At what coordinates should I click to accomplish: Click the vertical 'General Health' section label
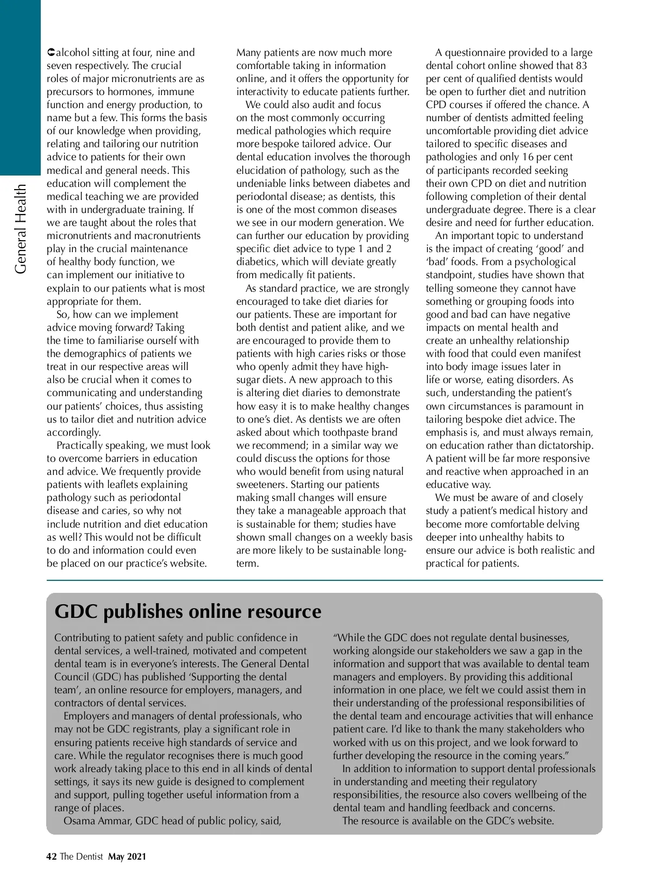click(x=21, y=229)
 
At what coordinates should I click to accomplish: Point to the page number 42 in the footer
click(x=52, y=857)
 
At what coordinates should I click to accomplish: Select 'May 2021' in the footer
click(x=127, y=857)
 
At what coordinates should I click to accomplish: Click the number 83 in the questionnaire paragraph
click(x=581, y=66)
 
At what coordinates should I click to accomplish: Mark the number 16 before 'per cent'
click(x=528, y=157)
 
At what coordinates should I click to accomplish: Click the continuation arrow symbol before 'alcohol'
click(x=51, y=53)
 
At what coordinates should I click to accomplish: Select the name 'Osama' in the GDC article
click(x=80, y=821)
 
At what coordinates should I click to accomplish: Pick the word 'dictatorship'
click(x=562, y=446)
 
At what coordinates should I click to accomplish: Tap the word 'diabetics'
click(x=255, y=262)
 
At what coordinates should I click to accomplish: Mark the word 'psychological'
click(x=541, y=262)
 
